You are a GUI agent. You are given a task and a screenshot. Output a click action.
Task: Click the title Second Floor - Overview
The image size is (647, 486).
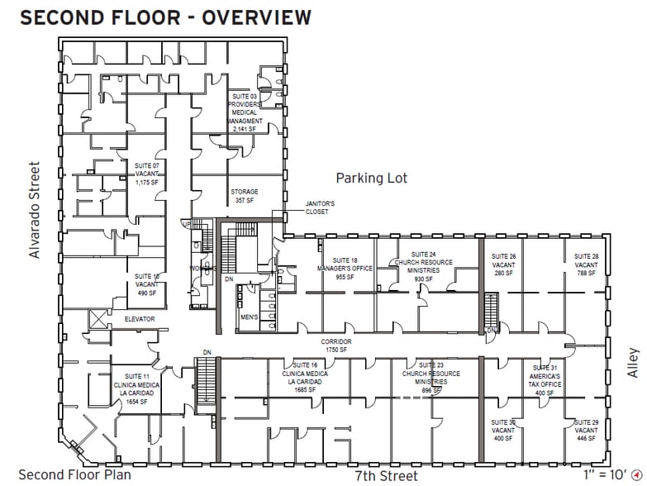coord(165,17)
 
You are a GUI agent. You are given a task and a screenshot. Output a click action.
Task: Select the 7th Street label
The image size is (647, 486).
coord(386,475)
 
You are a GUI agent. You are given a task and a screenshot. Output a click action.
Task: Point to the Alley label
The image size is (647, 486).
coord(632,362)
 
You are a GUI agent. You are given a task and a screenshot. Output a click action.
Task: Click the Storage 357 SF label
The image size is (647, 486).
coord(245,196)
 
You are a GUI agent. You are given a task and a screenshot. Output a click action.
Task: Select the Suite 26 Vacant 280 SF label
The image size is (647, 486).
coord(503,264)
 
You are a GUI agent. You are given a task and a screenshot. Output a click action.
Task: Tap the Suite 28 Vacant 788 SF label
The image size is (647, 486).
coord(587,264)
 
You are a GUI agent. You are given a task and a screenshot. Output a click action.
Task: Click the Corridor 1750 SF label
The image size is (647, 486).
coord(336,345)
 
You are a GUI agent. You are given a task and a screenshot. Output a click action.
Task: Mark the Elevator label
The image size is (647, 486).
coord(140,318)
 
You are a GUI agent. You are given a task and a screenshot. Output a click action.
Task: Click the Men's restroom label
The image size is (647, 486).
coord(249,317)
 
